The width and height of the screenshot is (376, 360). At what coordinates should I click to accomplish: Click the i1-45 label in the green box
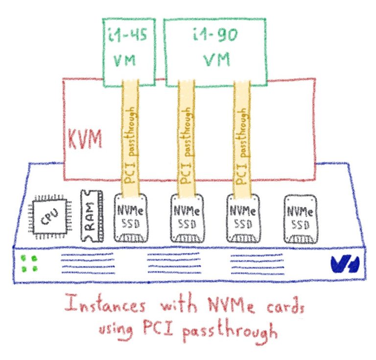pyautogui.click(x=128, y=38)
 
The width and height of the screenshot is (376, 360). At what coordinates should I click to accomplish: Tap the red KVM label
pyautogui.click(x=85, y=139)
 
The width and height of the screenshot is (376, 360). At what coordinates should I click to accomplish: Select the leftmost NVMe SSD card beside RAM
pyautogui.click(x=130, y=218)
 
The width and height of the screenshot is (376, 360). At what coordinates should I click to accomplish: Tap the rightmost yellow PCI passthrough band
pyautogui.click(x=242, y=137)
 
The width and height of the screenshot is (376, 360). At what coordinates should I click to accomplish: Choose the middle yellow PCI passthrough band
pyautogui.click(x=186, y=137)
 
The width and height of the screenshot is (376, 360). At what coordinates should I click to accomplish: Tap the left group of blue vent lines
pyautogui.click(x=88, y=265)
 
